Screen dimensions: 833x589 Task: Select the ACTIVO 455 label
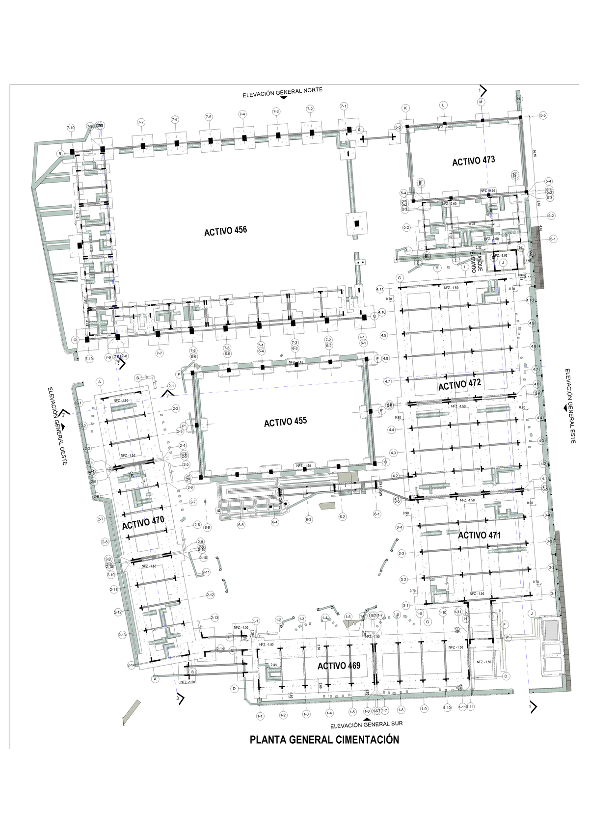click(285, 422)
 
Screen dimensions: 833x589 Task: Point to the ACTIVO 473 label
click(473, 161)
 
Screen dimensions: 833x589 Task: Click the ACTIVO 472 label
click(459, 384)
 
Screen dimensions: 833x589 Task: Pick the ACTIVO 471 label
click(479, 535)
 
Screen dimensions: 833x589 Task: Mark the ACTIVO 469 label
click(339, 666)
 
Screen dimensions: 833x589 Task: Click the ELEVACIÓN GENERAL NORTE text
click(282, 92)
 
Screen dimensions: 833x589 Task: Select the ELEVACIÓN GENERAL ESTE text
click(570, 405)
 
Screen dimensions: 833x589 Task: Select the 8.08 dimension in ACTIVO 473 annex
click(472, 224)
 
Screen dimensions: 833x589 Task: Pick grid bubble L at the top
click(443, 105)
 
